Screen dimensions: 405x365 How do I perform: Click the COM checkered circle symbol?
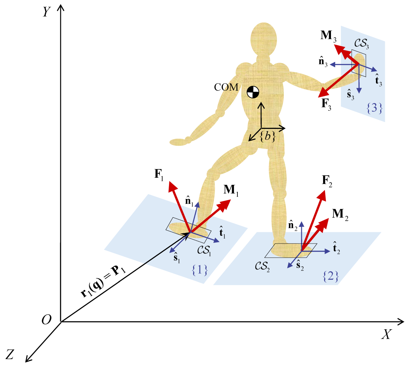pyautogui.click(x=253, y=92)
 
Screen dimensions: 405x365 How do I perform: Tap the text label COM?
pyautogui.click(x=226, y=87)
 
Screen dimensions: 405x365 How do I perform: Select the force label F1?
pyautogui.click(x=159, y=175)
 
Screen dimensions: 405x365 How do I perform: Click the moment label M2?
pyautogui.click(x=340, y=215)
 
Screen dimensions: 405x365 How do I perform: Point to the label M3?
pyautogui.click(x=328, y=36)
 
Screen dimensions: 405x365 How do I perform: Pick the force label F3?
pyautogui.click(x=326, y=104)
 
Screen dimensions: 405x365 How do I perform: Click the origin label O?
pyautogui.click(x=46, y=320)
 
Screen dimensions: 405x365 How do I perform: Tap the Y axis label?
pyautogui.click(x=46, y=12)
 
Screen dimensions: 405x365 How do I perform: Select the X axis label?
pyautogui.click(x=387, y=334)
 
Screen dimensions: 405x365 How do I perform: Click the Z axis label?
pyautogui.click(x=10, y=354)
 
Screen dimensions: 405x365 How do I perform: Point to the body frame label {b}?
pyautogui.click(x=268, y=136)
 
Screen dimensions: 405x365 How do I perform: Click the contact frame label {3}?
pyautogui.click(x=374, y=108)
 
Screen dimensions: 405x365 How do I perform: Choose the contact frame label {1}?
pyautogui.click(x=199, y=270)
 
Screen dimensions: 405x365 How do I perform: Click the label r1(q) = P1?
pyautogui.click(x=103, y=281)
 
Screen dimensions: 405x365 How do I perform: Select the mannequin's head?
pyautogui.click(x=264, y=40)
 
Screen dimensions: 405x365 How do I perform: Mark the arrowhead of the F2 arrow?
pyautogui.click(x=322, y=195)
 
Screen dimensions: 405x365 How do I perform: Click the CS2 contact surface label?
pyautogui.click(x=263, y=266)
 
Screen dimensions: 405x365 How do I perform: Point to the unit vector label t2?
pyautogui.click(x=336, y=248)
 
